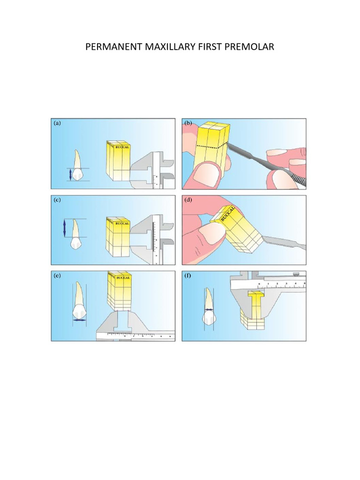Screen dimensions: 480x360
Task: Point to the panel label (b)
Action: point(188,123)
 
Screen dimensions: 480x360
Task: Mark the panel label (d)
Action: point(188,199)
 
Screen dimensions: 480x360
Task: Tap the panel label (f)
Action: point(188,276)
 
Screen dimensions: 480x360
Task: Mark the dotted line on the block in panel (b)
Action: point(210,146)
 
